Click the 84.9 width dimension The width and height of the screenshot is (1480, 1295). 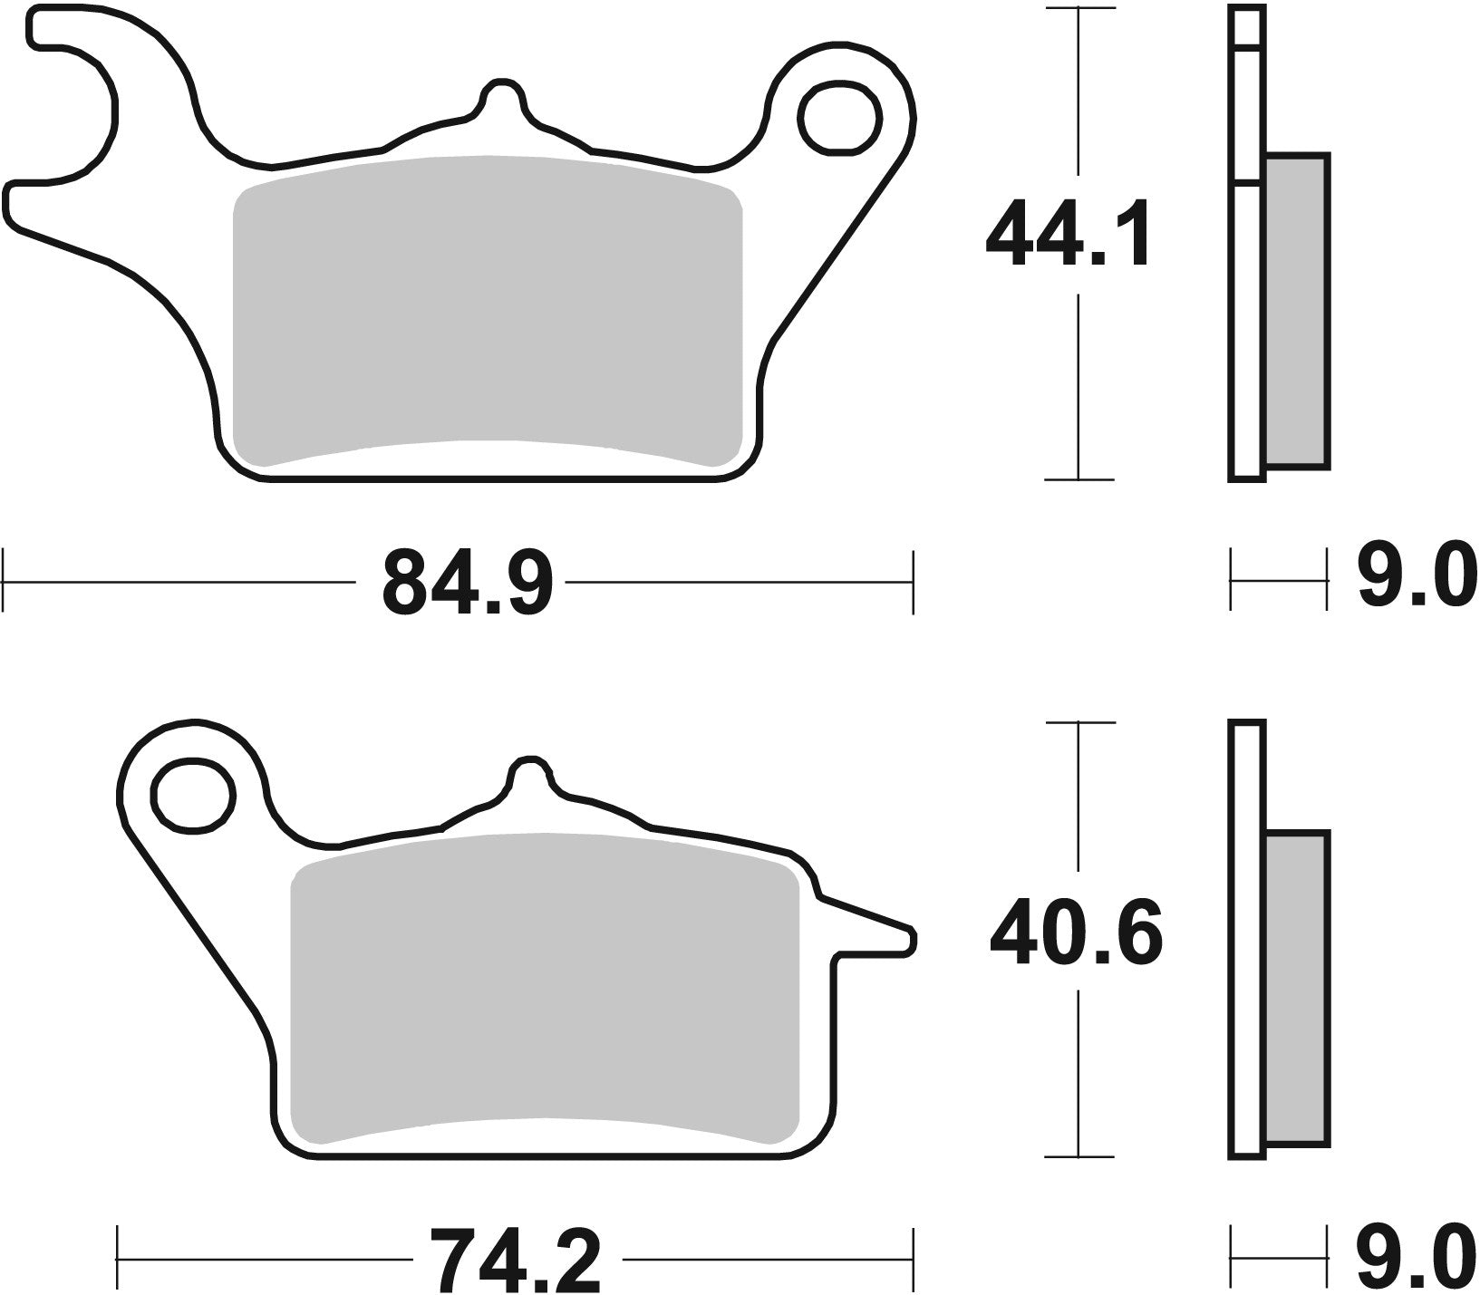[x=466, y=582]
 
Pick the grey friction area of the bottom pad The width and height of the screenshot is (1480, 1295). [x=544, y=988]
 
